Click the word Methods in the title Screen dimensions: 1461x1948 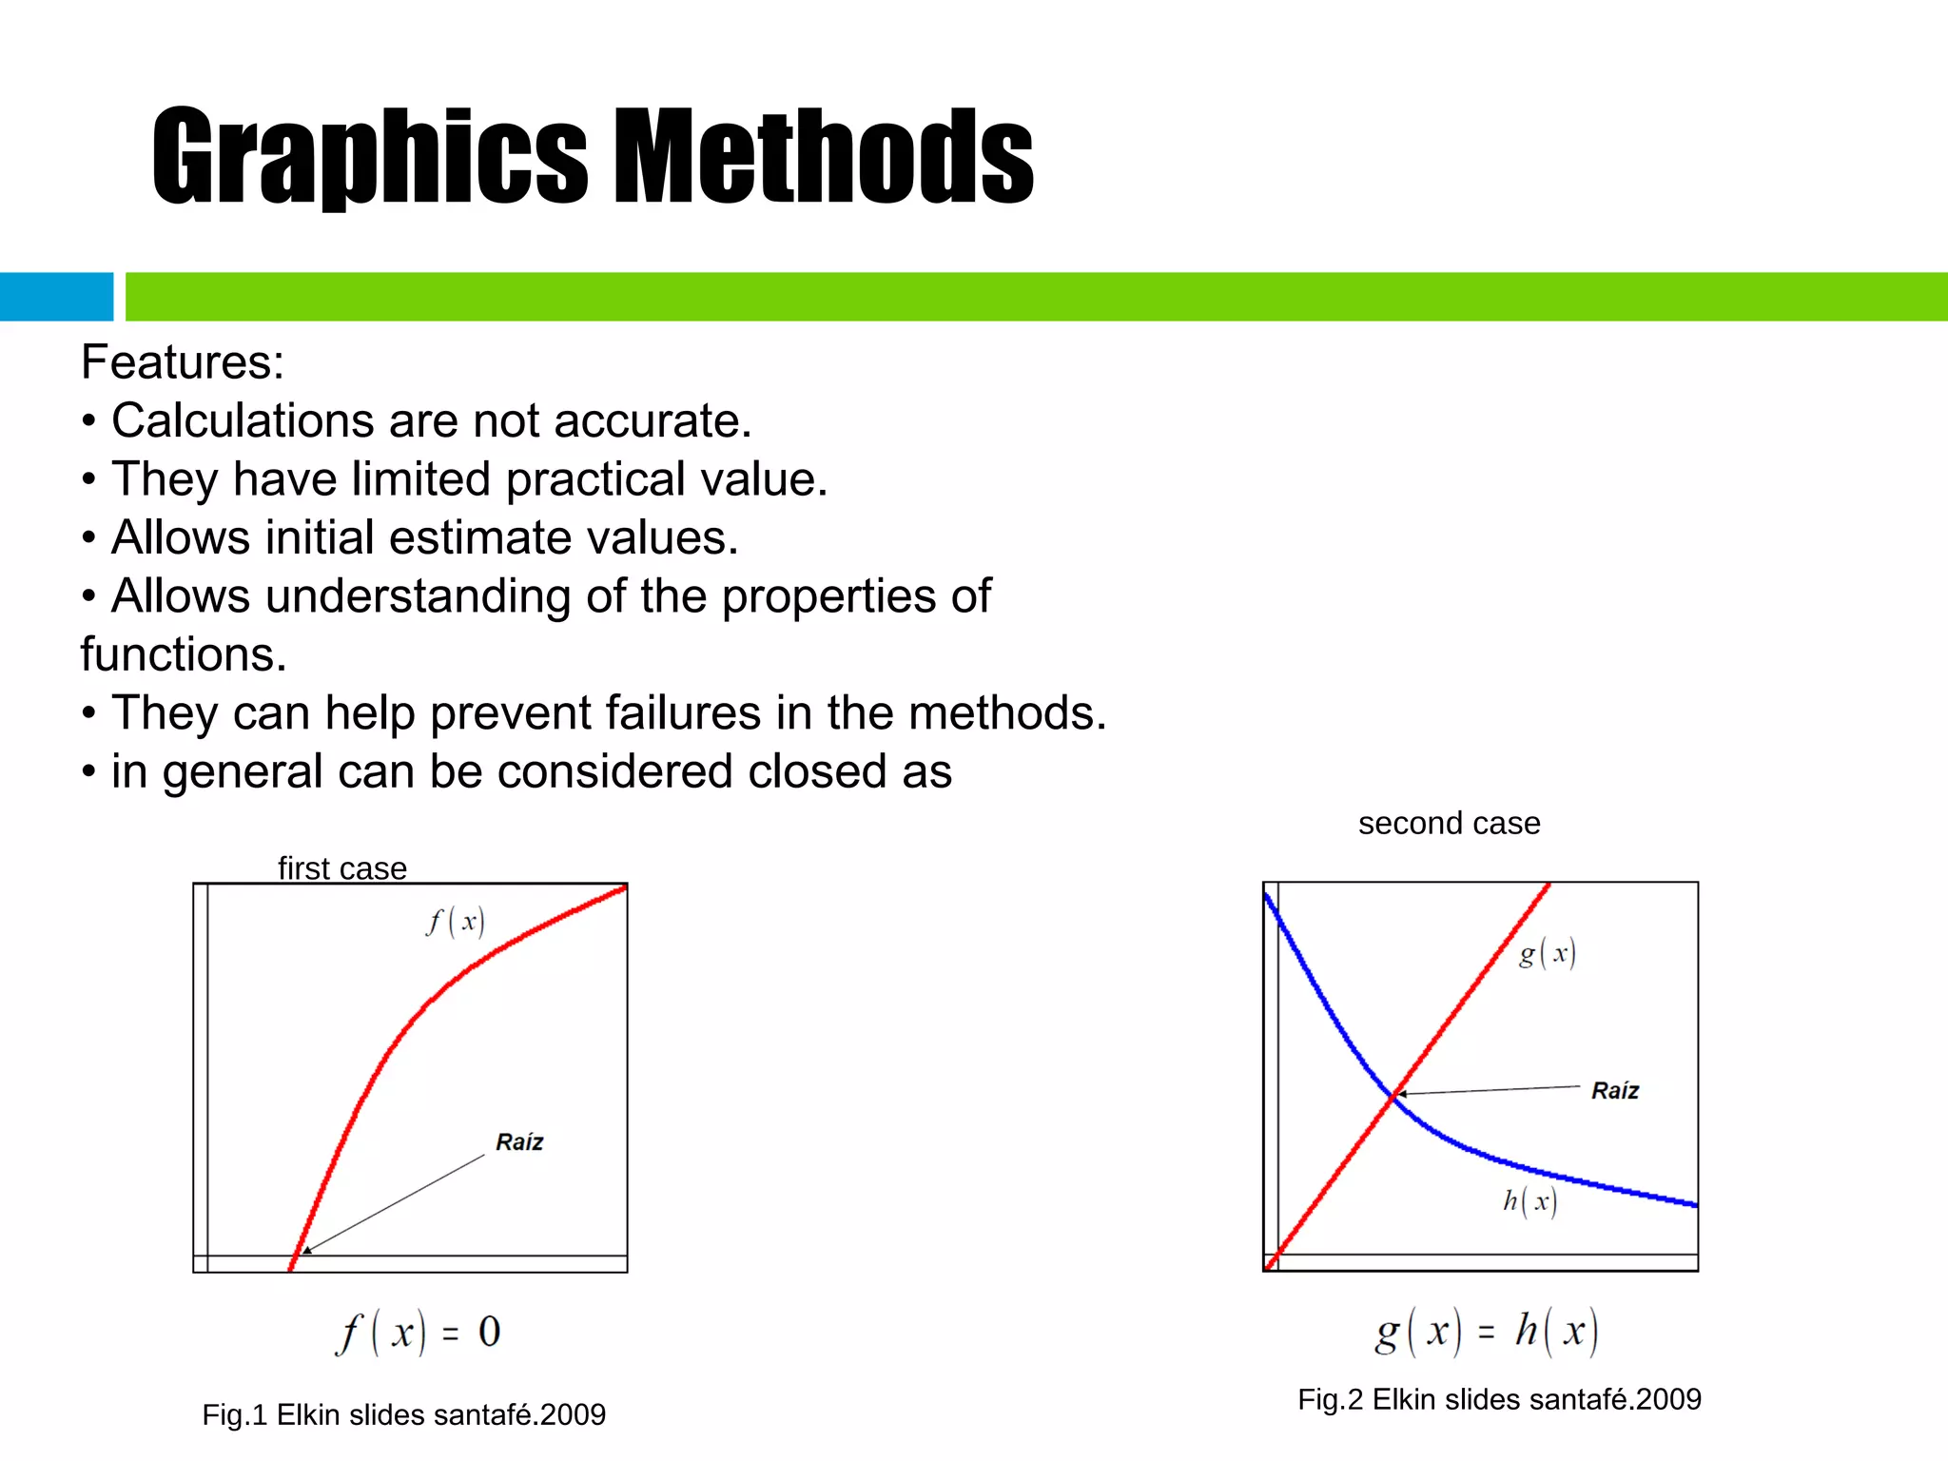pos(824,157)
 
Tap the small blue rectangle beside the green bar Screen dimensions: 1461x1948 pos(56,297)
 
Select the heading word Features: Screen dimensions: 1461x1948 pos(183,362)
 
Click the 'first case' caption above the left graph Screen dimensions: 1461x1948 pos(342,868)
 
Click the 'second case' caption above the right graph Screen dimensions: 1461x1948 pos(1449,823)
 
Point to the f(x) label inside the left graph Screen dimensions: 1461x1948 pos(456,921)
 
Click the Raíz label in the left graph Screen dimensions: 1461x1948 pos(519,1142)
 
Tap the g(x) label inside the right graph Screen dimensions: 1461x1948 pos(1548,953)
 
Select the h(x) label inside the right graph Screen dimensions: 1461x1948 pos(1529,1201)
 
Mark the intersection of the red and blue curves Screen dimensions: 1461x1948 pos(1393,1098)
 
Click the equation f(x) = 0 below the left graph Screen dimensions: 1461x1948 pos(418,1332)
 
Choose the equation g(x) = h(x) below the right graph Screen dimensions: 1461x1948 pos(1487,1331)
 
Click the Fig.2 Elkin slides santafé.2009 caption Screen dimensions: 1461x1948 pos(1499,1399)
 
